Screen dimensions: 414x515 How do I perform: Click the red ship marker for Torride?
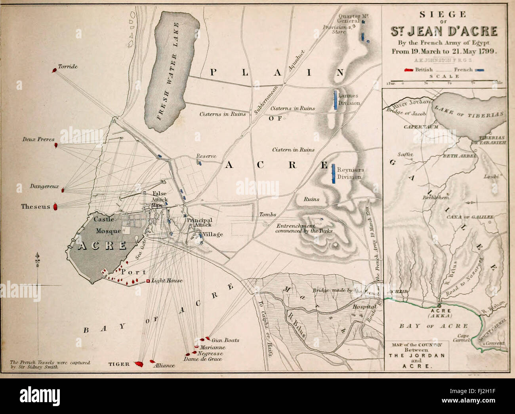point(54,70)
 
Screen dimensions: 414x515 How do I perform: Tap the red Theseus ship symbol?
point(56,206)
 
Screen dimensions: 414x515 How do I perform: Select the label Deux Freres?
point(38,140)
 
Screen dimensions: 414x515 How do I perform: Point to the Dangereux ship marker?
point(63,190)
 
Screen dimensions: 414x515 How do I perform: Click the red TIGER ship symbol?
point(138,363)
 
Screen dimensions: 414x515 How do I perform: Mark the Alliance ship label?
point(164,365)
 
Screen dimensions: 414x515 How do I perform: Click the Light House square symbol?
point(148,281)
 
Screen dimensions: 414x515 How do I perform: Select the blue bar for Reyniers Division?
point(334,173)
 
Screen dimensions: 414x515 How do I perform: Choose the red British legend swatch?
point(408,70)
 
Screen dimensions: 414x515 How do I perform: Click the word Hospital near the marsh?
point(365,307)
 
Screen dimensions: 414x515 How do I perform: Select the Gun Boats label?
point(225,340)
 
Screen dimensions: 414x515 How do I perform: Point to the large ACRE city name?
point(102,245)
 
